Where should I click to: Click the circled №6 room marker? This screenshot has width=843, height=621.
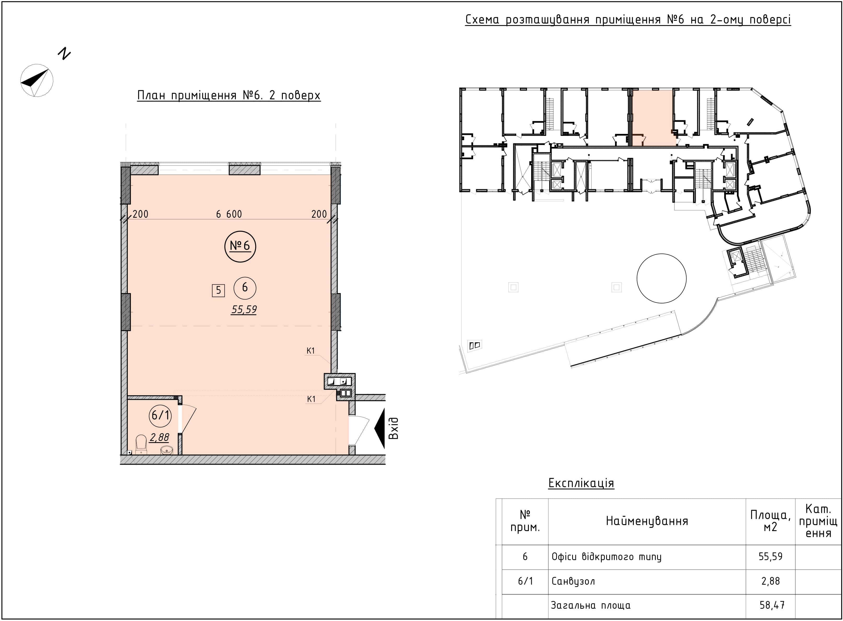tap(240, 246)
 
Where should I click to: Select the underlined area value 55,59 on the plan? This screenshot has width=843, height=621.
tap(244, 309)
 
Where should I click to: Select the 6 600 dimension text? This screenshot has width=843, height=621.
tap(229, 214)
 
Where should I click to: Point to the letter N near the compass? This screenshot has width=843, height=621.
tap(64, 54)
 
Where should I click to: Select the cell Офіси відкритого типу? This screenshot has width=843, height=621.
tap(606, 557)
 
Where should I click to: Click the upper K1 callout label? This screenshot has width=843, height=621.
tap(310, 351)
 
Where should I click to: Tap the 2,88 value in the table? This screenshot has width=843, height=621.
tap(771, 581)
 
